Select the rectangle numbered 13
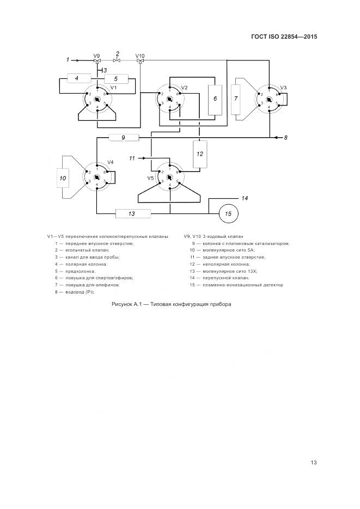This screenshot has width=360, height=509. coord(132,214)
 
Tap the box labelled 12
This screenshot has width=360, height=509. coord(200,154)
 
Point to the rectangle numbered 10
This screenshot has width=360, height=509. coord(63,177)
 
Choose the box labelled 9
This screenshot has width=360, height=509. coord(124,138)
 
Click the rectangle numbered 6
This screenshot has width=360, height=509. coord(215,100)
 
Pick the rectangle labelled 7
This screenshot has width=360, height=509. coord(236,99)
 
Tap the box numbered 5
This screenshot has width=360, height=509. coord(115,79)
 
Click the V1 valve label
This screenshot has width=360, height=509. coord(113,88)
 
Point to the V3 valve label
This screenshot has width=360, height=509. coord(283,87)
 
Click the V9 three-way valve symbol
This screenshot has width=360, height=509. coord(97,61)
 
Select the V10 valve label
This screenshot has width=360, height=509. coord(140,55)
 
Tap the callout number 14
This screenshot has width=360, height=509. coord(245,198)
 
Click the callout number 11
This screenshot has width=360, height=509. coord(131,158)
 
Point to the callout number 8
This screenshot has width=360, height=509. coord(285,138)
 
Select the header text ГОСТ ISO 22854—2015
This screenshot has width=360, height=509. coord(284,38)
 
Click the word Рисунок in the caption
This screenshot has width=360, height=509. coord(123,304)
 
